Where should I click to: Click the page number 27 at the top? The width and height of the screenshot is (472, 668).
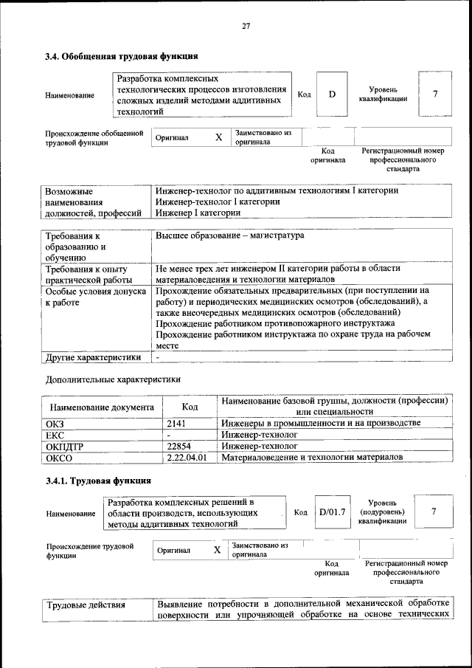tap(246, 27)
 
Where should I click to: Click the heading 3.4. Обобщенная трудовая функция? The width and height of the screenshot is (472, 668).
tap(122, 56)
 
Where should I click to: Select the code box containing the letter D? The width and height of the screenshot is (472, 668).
tap(332, 94)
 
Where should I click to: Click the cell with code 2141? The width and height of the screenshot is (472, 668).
tap(178, 423)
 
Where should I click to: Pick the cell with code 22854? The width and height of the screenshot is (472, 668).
tap(179, 447)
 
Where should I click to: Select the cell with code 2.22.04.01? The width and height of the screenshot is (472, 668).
tap(187, 458)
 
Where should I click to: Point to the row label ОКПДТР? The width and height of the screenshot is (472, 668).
tap(66, 447)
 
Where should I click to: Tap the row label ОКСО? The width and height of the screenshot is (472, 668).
tap(59, 458)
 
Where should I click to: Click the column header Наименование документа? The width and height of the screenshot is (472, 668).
tap(102, 407)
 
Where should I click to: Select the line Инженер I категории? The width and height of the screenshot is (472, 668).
tap(198, 213)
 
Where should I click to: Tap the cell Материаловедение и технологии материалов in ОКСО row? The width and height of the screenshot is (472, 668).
tap(312, 458)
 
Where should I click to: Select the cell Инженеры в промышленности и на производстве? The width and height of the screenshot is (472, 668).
tap(321, 423)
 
